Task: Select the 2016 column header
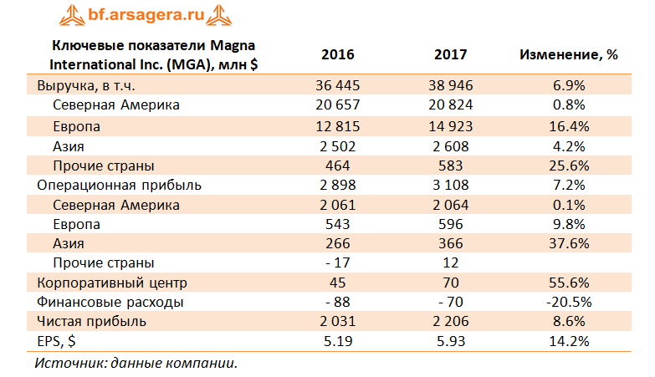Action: pos(338,55)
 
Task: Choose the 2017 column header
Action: pos(451,55)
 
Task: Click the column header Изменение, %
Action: pos(569,55)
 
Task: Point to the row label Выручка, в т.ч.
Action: pos(84,86)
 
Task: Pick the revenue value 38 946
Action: pos(451,86)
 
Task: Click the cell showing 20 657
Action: pos(338,105)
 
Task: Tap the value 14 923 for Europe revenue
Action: pos(451,126)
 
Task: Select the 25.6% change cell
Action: pos(569,166)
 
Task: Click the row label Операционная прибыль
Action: pos(119,185)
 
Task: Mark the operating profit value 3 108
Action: pos(451,185)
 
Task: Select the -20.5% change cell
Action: pos(569,302)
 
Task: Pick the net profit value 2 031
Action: pos(338,321)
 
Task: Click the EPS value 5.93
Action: pos(451,341)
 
